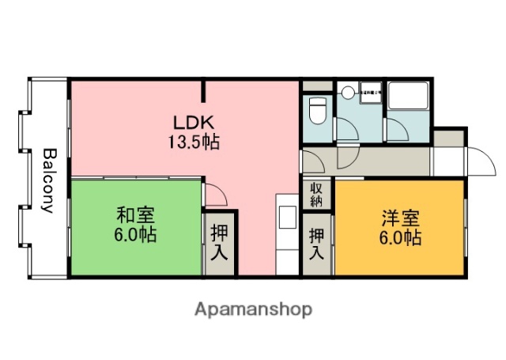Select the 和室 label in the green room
(135, 215)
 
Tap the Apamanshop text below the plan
(253, 308)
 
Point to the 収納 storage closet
(316, 194)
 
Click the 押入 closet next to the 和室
(219, 242)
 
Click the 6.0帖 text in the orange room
(399, 237)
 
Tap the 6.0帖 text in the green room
(135, 234)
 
